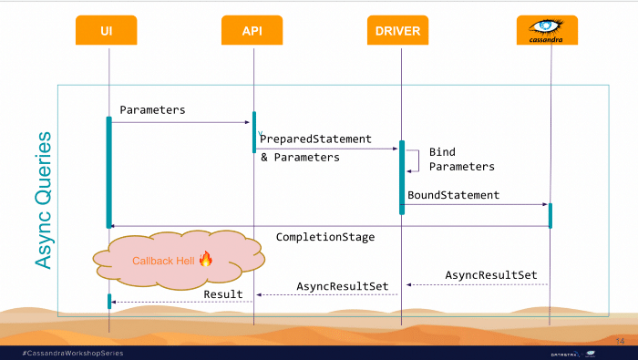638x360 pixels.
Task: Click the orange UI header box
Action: click(x=107, y=30)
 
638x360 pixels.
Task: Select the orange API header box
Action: click(x=252, y=30)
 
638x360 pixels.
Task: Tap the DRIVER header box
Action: click(x=397, y=30)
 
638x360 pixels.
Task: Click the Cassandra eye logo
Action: click(x=546, y=26)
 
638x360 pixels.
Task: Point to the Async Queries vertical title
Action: click(x=44, y=201)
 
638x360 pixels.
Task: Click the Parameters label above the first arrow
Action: click(x=152, y=110)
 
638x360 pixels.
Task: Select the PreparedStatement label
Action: click(x=315, y=139)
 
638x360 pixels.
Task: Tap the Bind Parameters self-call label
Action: click(x=462, y=159)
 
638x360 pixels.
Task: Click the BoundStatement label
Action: click(x=453, y=195)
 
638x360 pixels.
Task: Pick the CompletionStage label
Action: click(x=325, y=237)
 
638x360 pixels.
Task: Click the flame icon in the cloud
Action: click(x=206, y=259)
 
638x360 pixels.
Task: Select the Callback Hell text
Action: click(x=163, y=261)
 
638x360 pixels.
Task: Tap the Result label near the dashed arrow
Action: click(x=223, y=294)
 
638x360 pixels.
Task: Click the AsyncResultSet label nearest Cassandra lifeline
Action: click(x=491, y=275)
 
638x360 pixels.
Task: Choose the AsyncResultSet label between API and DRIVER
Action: click(x=342, y=286)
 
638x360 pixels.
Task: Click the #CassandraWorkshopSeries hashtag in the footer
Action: click(x=73, y=353)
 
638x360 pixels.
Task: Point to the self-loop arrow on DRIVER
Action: click(x=418, y=161)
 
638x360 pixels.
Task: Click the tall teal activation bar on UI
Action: click(x=109, y=172)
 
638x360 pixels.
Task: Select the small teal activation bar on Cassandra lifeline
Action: click(x=551, y=216)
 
